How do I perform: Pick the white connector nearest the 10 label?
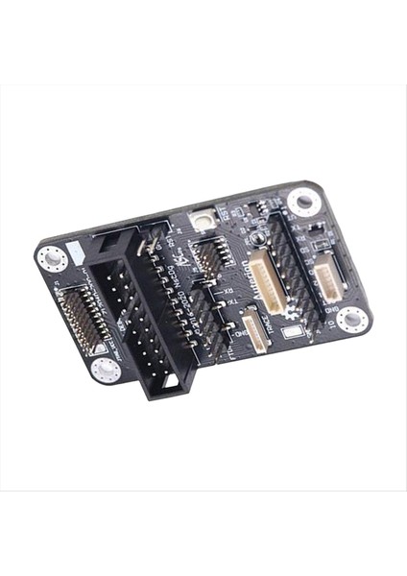click(x=329, y=279)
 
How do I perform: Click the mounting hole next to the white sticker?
click(x=351, y=320)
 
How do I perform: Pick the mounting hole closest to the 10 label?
click(x=351, y=320)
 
